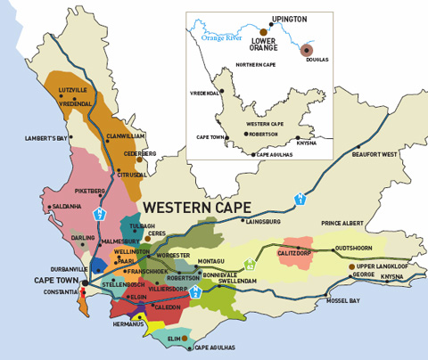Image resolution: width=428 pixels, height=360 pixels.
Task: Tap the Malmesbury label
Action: click(x=120, y=241)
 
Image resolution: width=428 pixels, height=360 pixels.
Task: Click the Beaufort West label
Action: click(x=374, y=154)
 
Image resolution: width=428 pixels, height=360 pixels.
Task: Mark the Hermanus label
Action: click(x=128, y=324)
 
